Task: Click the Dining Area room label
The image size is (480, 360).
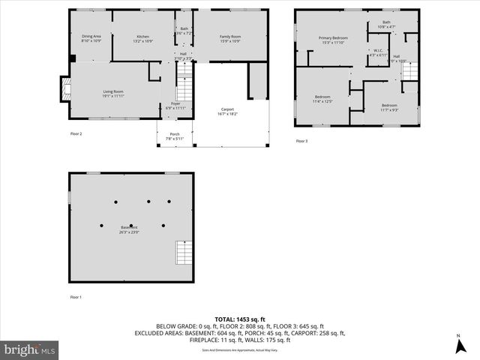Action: click(x=91, y=37)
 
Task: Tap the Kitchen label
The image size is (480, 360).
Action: click(x=142, y=37)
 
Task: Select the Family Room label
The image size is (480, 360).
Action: click(x=230, y=37)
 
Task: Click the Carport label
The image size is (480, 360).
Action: click(x=228, y=111)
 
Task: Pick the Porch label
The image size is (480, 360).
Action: click(x=174, y=136)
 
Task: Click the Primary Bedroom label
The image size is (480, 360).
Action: click(x=333, y=40)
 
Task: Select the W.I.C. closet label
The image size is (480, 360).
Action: click(x=378, y=52)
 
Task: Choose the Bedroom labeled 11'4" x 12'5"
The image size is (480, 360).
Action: click(x=322, y=99)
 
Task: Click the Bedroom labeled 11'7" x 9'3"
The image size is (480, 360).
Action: click(x=388, y=107)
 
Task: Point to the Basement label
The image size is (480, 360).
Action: click(x=129, y=229)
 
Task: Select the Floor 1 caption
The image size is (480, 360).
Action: click(x=76, y=298)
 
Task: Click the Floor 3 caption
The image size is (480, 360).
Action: click(x=301, y=141)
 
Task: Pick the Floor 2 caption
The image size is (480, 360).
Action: click(x=76, y=133)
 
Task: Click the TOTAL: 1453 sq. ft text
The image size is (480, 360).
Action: click(x=239, y=319)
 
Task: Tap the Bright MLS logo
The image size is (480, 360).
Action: click(x=30, y=349)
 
